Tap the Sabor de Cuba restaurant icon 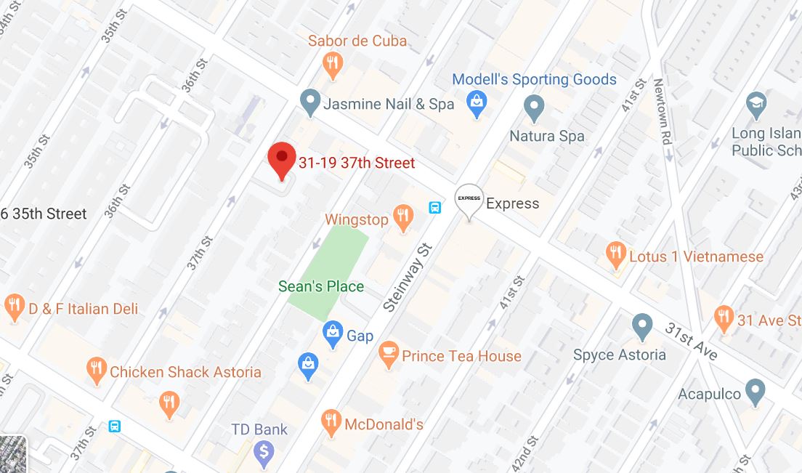pyautogui.click(x=333, y=64)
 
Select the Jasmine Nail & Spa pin pyautogui.click(x=311, y=102)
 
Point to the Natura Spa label pyautogui.click(x=546, y=136)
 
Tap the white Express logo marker pyautogui.click(x=469, y=200)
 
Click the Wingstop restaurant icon pyautogui.click(x=402, y=217)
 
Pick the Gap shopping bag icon pyautogui.click(x=333, y=333)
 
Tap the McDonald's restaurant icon pyautogui.click(x=331, y=422)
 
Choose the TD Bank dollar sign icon pyautogui.click(x=263, y=453)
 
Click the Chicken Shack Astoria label pyautogui.click(x=185, y=372)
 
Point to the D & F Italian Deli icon pyautogui.click(x=15, y=307)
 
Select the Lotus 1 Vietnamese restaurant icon pyautogui.click(x=615, y=254)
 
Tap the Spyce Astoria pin pyautogui.click(x=642, y=326)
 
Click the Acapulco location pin pyautogui.click(x=756, y=392)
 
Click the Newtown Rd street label pyautogui.click(x=663, y=112)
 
